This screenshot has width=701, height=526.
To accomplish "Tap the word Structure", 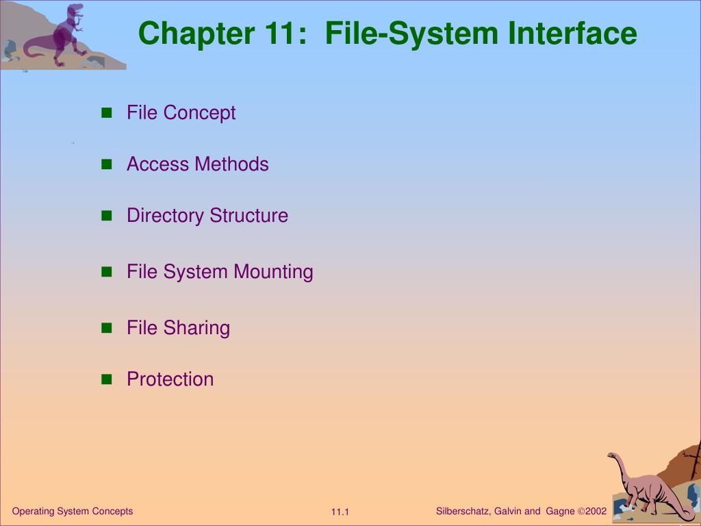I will pos(248,216).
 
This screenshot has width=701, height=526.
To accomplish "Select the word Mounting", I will pos(274,272).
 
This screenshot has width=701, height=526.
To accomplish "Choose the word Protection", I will pos(170,379).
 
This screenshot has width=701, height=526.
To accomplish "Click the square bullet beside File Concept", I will pos(106,113).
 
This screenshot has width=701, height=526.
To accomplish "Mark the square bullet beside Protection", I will pos(106,379).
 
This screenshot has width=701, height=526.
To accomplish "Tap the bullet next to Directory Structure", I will pos(106,216).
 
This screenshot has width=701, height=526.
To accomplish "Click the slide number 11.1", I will pos(340,512).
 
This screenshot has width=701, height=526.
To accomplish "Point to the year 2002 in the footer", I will pos(596,511).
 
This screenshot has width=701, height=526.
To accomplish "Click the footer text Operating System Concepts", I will pos(73,511).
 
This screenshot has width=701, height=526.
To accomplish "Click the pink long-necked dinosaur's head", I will pos(612,456).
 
